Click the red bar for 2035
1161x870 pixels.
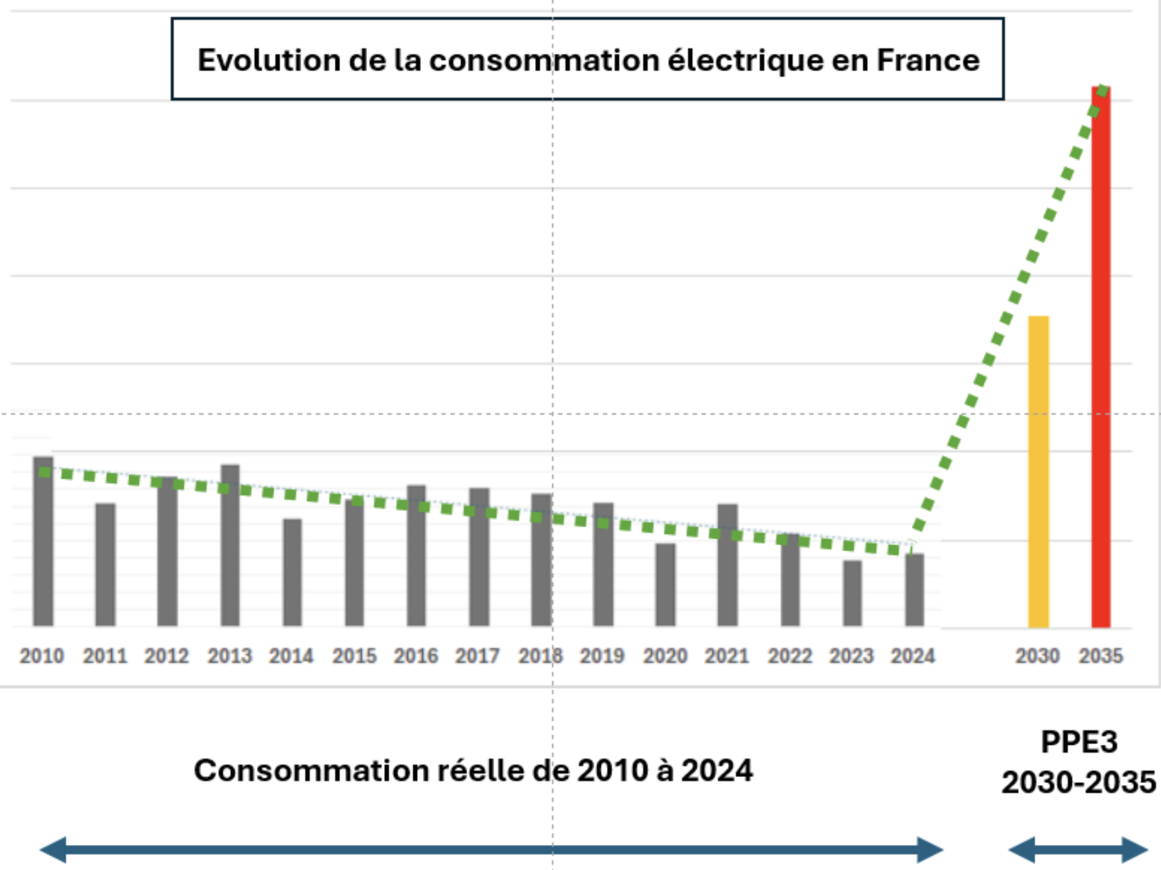tap(1100, 356)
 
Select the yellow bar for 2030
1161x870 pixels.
tap(1038, 471)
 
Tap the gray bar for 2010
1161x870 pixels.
tap(43, 540)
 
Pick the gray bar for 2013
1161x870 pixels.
tap(230, 545)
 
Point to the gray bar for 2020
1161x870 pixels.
tap(665, 584)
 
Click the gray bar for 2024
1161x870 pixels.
tap(914, 589)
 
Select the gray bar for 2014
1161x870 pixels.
tap(292, 572)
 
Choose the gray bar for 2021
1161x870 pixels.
tap(727, 565)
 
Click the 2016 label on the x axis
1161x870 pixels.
tap(416, 656)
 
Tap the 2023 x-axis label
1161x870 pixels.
tap(851, 656)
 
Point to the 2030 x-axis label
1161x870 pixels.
tap(1037, 656)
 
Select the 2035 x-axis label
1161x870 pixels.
tap(1100, 656)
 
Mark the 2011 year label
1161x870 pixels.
tap(105, 656)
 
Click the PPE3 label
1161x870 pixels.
tap(1079, 742)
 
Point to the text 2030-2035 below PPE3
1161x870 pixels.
tap(1079, 783)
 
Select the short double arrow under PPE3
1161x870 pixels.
tap(1079, 850)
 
